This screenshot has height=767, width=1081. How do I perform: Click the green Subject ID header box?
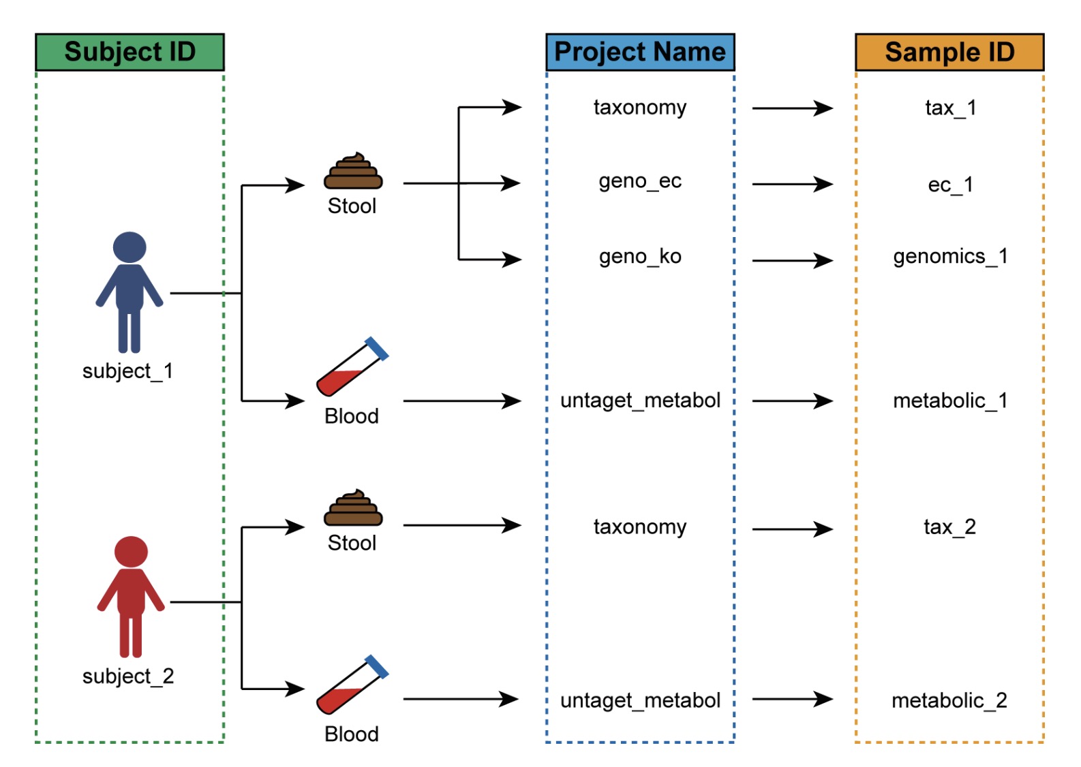(130, 52)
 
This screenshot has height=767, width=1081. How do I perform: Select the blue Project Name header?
(639, 52)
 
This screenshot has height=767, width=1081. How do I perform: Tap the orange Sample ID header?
(949, 52)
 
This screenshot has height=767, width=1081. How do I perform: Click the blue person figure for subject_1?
(130, 292)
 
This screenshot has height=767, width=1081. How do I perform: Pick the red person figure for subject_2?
(131, 597)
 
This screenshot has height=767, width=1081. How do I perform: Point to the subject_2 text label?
(128, 676)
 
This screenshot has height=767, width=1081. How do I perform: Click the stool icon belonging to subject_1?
(353, 172)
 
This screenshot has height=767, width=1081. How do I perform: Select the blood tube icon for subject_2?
(352, 685)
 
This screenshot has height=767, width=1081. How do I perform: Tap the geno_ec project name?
(640, 181)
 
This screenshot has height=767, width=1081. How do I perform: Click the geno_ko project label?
(640, 257)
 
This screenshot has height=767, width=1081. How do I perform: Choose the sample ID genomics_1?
(949, 257)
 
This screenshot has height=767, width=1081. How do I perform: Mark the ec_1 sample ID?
(950, 185)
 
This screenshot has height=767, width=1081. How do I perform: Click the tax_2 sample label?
(949, 527)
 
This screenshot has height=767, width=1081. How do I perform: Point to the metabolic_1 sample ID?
(949, 401)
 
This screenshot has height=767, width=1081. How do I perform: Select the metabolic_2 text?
(949, 700)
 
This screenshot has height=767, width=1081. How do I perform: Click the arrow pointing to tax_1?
(792, 108)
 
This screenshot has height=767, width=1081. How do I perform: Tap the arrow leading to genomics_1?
(792, 260)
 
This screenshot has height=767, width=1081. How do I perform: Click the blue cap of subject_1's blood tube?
(377, 348)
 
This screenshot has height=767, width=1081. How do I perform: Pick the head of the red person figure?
(131, 552)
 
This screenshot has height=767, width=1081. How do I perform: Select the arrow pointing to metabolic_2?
(792, 699)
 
